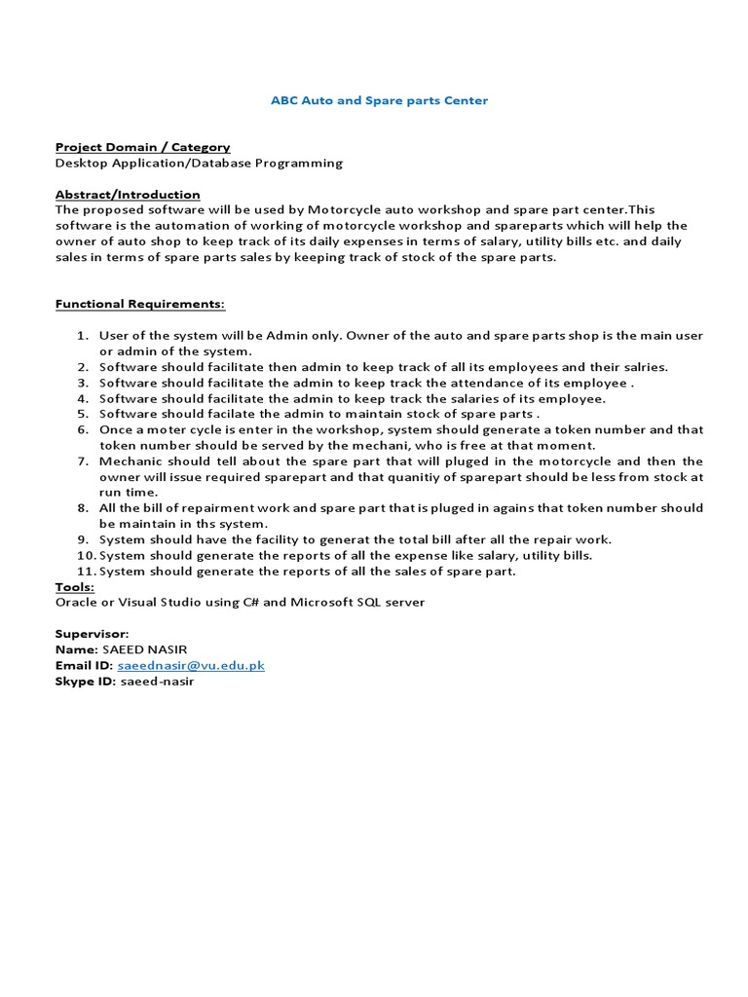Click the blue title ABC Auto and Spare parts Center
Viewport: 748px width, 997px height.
point(379,100)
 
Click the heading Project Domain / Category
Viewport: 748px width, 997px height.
point(142,147)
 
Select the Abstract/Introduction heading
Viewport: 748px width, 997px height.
point(128,194)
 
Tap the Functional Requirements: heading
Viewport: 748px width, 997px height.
point(140,304)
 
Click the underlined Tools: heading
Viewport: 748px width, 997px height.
point(75,586)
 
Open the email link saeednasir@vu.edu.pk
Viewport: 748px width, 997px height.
point(191,665)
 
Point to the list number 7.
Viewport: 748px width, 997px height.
point(83,461)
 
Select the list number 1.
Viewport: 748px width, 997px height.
point(83,335)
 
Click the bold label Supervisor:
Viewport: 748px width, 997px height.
point(93,634)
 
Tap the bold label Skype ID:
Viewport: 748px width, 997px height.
point(85,681)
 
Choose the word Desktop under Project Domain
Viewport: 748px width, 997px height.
point(83,163)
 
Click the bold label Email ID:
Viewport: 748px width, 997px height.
point(85,665)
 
